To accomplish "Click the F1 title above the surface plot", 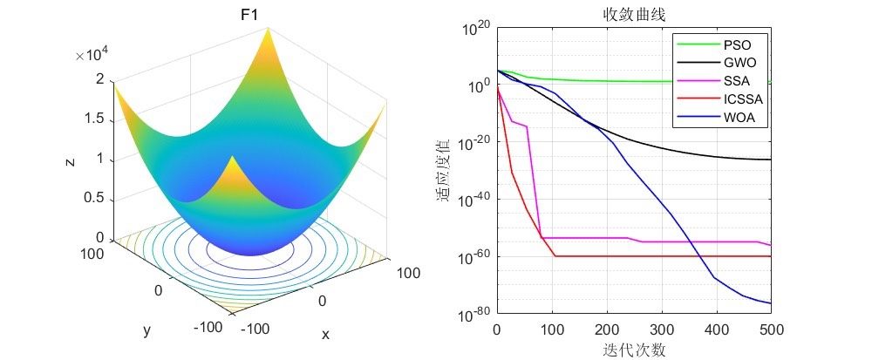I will pyautogui.click(x=249, y=15).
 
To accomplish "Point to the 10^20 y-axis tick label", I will pyautogui.click(x=473, y=30).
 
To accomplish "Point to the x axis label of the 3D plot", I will pyautogui.click(x=325, y=335).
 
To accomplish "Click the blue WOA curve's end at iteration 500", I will pyautogui.click(x=771, y=303).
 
